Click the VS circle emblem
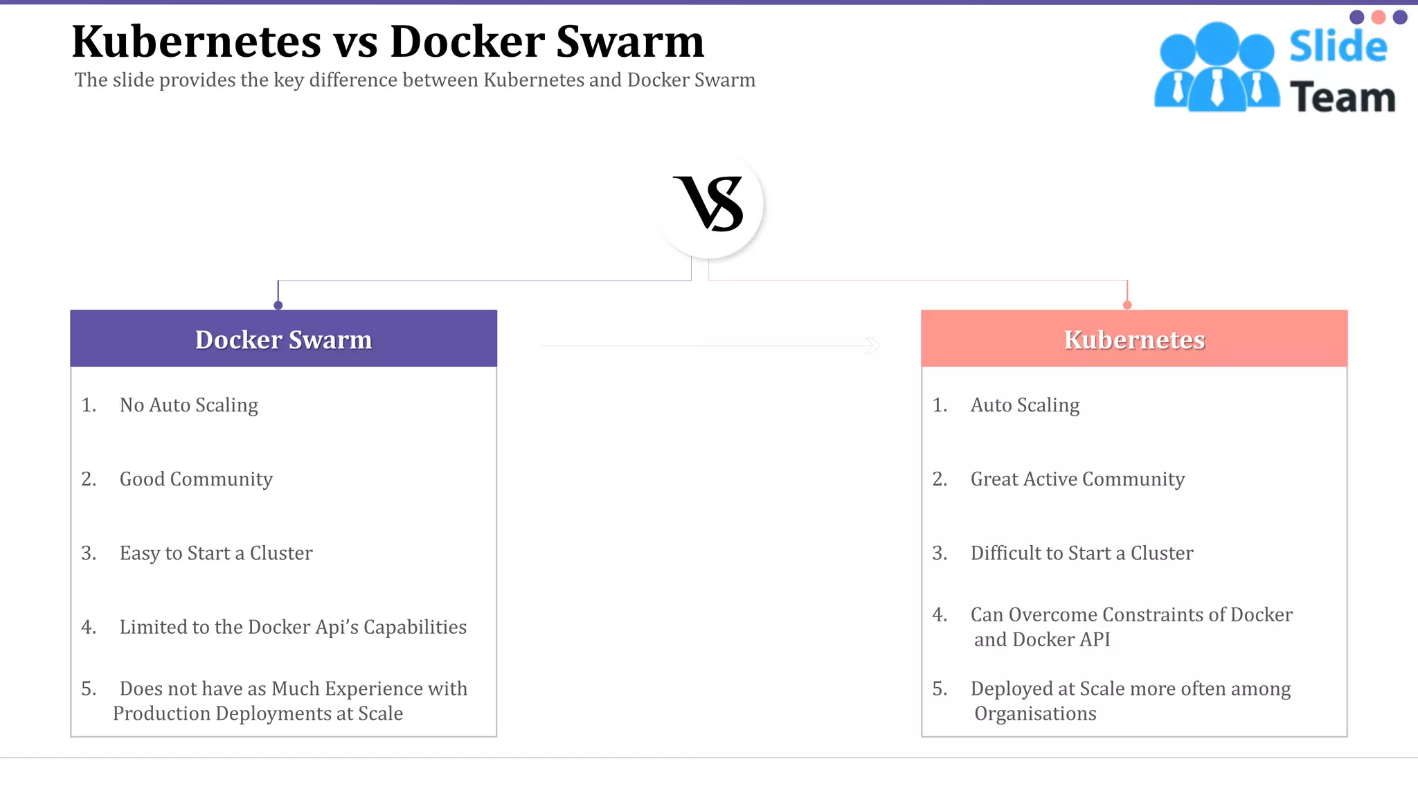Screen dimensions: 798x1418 click(709, 204)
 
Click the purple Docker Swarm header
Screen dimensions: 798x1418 click(283, 339)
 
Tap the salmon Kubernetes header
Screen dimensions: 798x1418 click(1134, 339)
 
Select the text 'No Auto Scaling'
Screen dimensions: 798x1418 click(188, 405)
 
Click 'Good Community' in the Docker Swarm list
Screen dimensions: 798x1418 click(196, 479)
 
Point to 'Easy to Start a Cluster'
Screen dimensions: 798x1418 click(216, 553)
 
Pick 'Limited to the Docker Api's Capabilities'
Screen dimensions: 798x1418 click(293, 628)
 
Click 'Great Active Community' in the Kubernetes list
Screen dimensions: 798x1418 click(1077, 479)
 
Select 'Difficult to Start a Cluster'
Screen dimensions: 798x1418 click(1082, 553)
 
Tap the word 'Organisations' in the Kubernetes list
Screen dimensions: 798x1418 click(1035, 714)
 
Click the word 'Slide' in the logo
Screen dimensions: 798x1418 click(1338, 47)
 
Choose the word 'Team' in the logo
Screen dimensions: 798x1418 click(1343, 97)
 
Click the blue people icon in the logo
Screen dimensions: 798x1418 click(1217, 68)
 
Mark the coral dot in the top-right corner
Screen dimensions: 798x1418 click(1379, 17)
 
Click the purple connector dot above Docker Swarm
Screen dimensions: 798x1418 click(278, 305)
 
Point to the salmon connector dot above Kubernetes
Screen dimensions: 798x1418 click(1127, 305)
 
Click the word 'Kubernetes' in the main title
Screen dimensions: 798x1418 click(197, 42)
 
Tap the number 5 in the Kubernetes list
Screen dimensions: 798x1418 click(939, 689)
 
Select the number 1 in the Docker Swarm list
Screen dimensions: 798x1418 click(88, 405)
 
